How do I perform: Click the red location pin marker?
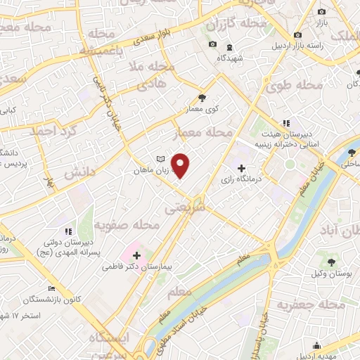pyautogui.click(x=181, y=165)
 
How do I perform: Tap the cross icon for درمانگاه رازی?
pyautogui.click(x=242, y=169)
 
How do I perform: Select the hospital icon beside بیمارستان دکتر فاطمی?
pyautogui.click(x=136, y=255)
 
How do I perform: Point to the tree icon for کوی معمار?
pyautogui.click(x=202, y=98)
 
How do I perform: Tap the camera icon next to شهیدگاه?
pyautogui.click(x=212, y=45)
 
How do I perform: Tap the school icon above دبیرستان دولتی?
pyautogui.click(x=67, y=231)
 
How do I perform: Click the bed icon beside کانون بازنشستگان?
pyautogui.click(x=51, y=288)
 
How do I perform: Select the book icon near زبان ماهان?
pyautogui.click(x=160, y=159)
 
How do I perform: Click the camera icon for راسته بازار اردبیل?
pyautogui.click(x=297, y=34)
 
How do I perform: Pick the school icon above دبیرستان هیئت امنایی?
pyautogui.click(x=286, y=124)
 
